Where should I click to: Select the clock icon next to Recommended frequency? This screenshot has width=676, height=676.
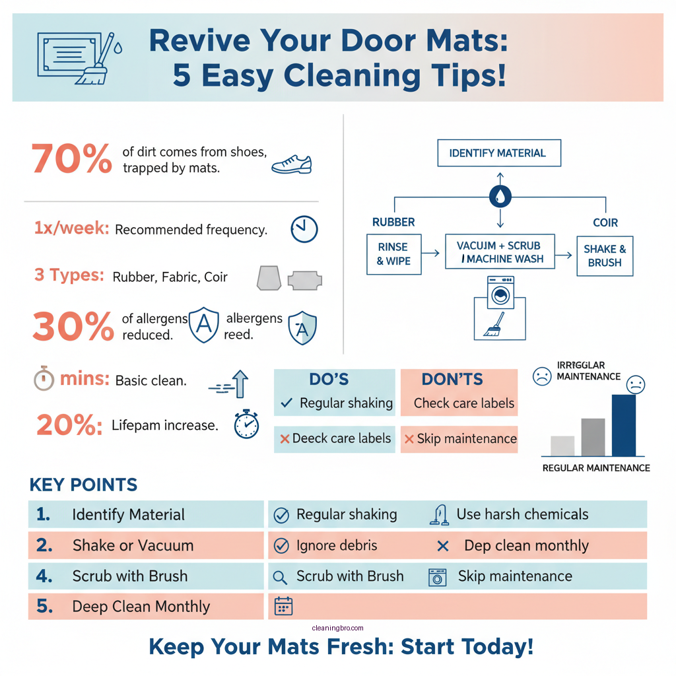point(304,229)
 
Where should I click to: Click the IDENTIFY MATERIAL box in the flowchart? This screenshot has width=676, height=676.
point(498,152)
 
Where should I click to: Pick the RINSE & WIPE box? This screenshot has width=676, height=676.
point(393,255)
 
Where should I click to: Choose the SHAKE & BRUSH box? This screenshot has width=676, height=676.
point(604,255)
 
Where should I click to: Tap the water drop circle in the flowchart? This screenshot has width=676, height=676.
point(499,195)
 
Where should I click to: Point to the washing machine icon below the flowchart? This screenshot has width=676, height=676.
point(500,292)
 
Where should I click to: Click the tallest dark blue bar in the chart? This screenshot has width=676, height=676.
point(624,425)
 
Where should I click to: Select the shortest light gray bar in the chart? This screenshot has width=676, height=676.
point(562,446)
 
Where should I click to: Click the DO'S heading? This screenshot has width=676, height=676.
point(329,380)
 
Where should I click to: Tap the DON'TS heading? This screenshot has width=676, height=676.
point(452,380)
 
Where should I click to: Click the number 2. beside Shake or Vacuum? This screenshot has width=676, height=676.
point(44,545)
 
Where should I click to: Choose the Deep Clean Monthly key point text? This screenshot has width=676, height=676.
point(141,606)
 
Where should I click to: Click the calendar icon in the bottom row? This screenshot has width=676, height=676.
point(283,606)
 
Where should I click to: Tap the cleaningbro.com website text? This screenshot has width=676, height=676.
point(337,628)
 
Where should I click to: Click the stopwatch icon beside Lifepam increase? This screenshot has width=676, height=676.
point(246,424)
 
